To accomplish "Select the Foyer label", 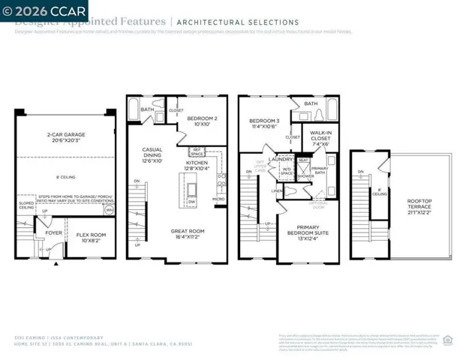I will [53, 232].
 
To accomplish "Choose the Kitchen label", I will [197, 166].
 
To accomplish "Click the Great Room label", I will [188, 235].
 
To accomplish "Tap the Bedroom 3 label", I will [263, 124].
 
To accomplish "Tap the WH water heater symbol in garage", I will [109, 211].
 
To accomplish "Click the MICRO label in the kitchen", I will [218, 199].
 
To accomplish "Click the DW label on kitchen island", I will [192, 202].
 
